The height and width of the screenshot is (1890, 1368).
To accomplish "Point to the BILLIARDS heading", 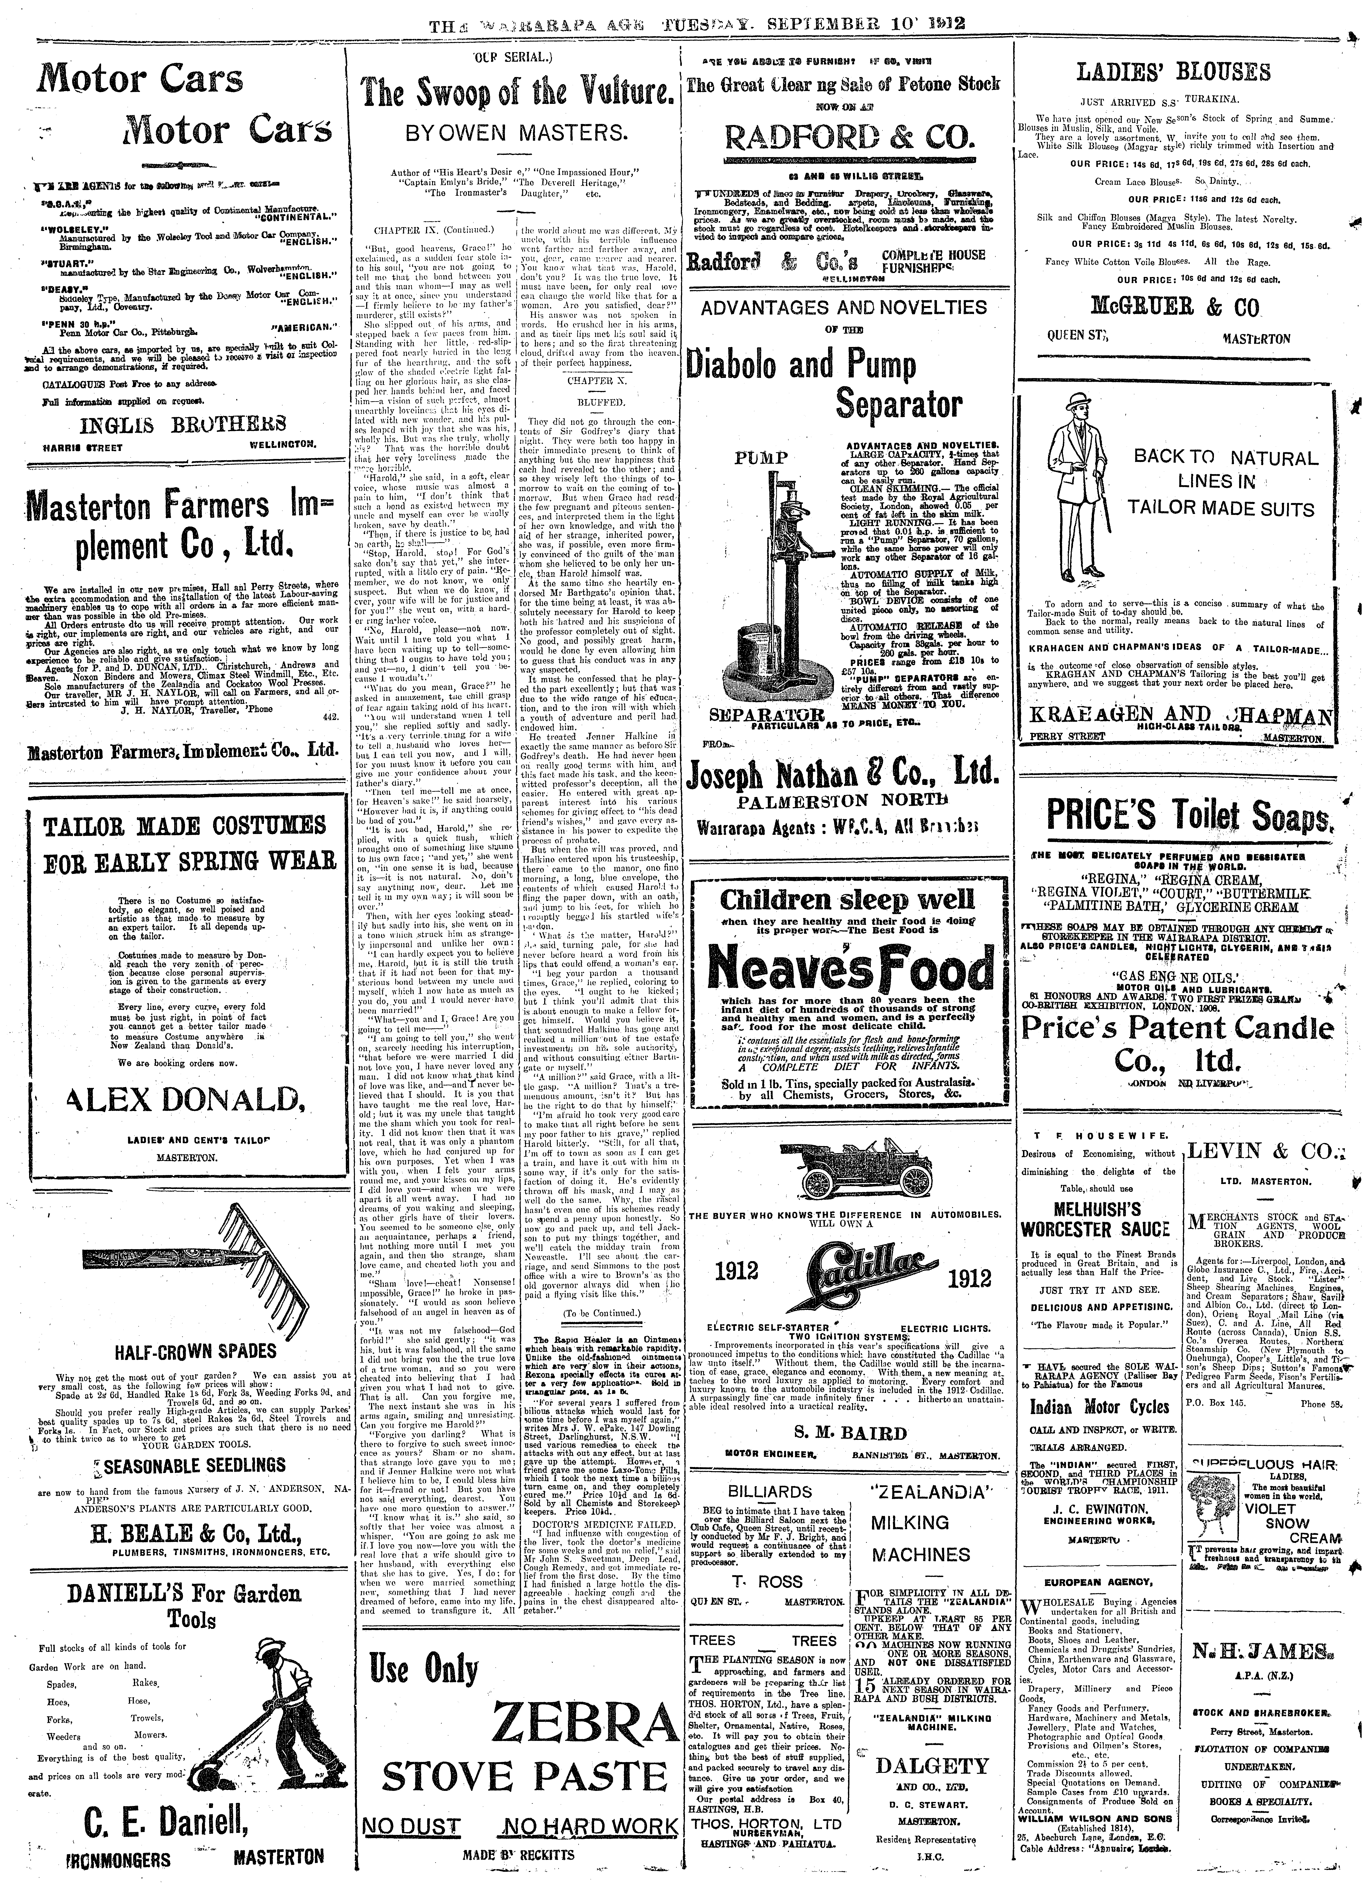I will coord(770,1491).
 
